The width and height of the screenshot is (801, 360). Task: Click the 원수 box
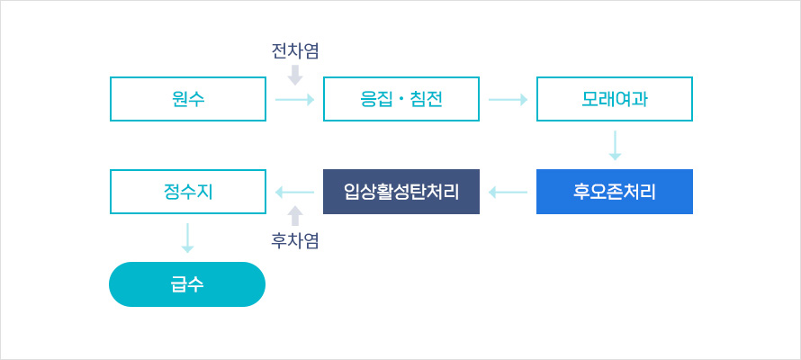[187, 99]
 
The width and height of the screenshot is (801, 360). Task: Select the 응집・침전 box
[400, 99]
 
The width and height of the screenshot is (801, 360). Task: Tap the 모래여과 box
[615, 99]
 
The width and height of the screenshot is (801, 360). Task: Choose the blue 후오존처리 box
[615, 192]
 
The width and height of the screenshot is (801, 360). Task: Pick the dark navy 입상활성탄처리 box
[400, 192]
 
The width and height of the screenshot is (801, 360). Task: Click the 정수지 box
[187, 192]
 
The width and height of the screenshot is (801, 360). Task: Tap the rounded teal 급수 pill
[187, 284]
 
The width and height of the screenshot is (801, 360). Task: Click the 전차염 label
[295, 51]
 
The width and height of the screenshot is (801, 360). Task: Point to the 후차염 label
[295, 240]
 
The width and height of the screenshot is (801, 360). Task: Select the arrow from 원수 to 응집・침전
[295, 99]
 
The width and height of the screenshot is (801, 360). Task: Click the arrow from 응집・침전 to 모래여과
[508, 99]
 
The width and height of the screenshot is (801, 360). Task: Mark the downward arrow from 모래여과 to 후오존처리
[616, 146]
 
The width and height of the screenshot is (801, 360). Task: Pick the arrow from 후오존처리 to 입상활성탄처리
[508, 192]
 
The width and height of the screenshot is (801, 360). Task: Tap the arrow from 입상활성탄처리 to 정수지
[295, 192]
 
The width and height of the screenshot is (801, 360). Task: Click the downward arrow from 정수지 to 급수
[187, 237]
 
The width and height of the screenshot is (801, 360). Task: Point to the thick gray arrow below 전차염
[295, 76]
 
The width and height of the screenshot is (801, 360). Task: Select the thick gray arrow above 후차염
[295, 215]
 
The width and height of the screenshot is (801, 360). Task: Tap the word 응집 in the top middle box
[373, 99]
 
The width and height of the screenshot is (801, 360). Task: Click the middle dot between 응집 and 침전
[400, 99]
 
